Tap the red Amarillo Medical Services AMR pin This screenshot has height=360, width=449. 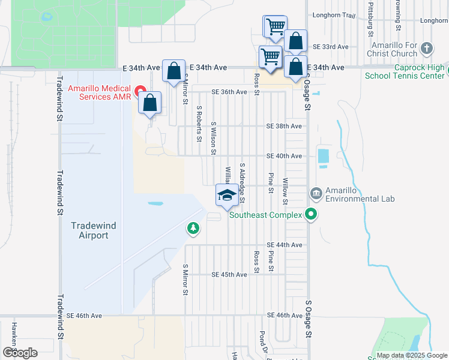(x=142, y=91)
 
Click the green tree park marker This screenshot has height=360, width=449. (x=193, y=227)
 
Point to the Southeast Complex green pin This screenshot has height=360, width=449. (x=310, y=214)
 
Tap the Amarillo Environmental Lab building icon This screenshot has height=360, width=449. (x=316, y=193)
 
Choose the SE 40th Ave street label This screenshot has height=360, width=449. (x=284, y=156)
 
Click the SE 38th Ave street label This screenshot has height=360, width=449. (x=284, y=127)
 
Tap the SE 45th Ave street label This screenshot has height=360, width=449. (x=229, y=275)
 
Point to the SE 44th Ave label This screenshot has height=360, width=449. (x=284, y=245)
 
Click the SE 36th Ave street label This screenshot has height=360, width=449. (x=229, y=92)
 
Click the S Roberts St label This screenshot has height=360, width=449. (x=199, y=125)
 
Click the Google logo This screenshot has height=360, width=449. (x=20, y=353)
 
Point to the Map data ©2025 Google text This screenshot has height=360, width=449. (x=411, y=355)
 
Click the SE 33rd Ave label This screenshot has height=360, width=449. (x=331, y=46)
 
